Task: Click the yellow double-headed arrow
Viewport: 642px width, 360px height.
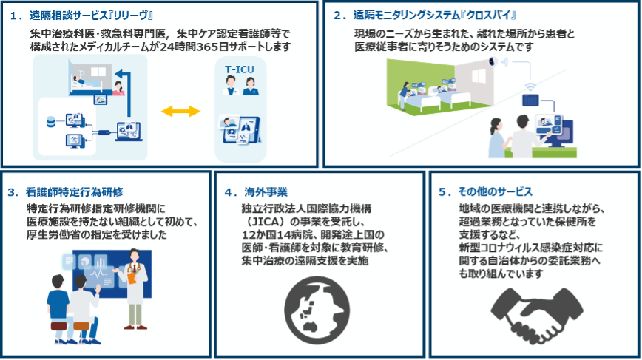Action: point(181,111)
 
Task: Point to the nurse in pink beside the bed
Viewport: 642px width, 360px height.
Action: point(118,89)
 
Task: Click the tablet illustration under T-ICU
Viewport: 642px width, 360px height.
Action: point(240,132)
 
